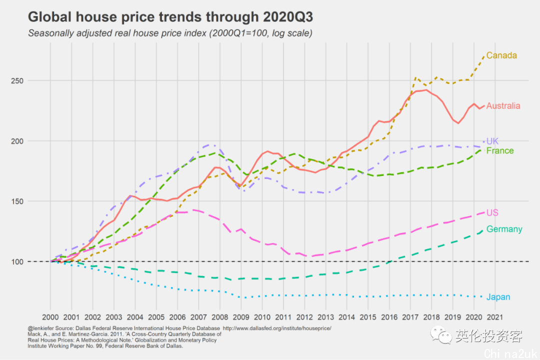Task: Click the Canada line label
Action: pyautogui.click(x=501, y=55)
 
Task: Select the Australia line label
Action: pyautogui.click(x=503, y=106)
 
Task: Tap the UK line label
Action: pyautogui.click(x=492, y=141)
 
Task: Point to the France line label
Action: pyautogui.click(x=499, y=151)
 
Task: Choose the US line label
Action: pyautogui.click(x=492, y=213)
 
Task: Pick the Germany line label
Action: pyautogui.click(x=504, y=229)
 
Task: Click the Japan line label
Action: pyautogui.click(x=498, y=297)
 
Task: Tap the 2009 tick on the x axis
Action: pyautogui.click(x=241, y=317)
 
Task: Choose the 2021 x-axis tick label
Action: pyautogui.click(x=495, y=317)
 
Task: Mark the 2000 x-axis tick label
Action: pyautogui.click(x=50, y=317)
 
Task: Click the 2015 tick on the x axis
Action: pyautogui.click(x=368, y=317)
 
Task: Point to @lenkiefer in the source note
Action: pyautogui.click(x=41, y=328)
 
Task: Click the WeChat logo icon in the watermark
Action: pyautogui.click(x=442, y=335)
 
